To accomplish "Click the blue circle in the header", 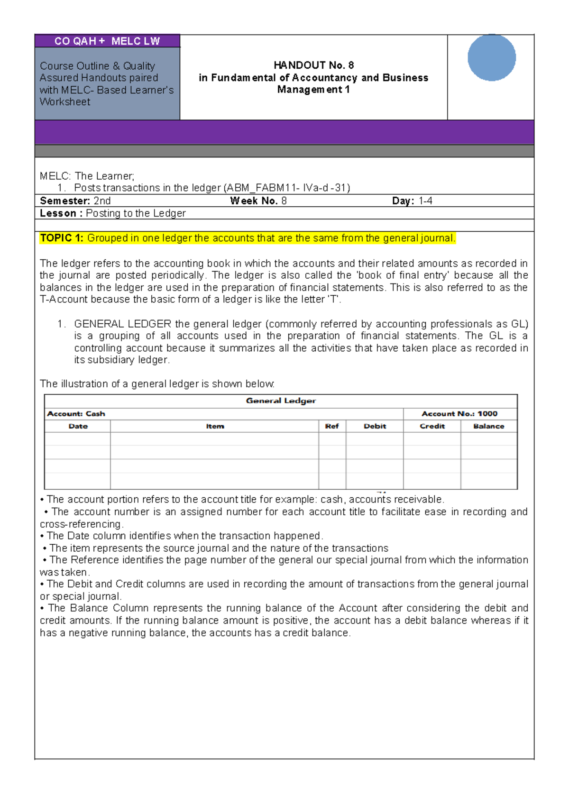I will point(491,57).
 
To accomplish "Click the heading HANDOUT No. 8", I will point(313,65).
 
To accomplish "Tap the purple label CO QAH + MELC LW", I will point(107,41).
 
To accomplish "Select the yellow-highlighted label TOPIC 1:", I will point(62,238).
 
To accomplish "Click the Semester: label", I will point(65,201).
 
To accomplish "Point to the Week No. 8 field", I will point(258,201).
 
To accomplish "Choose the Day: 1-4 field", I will point(412,201).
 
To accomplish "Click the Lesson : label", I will point(61,213).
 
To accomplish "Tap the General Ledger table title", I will point(281,401).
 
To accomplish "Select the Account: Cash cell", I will point(76,414).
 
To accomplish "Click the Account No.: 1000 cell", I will point(459,414).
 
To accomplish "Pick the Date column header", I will point(78,426).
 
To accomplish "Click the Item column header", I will point(215,426).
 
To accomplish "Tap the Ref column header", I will point(332,426).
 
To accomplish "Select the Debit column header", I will point(375,426).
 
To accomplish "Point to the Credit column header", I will point(432,426).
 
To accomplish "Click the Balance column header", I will point(488,426).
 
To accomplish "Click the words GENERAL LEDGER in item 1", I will point(122,324).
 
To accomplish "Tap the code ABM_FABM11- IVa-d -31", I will point(286,188).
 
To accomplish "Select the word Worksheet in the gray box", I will point(65,102).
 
